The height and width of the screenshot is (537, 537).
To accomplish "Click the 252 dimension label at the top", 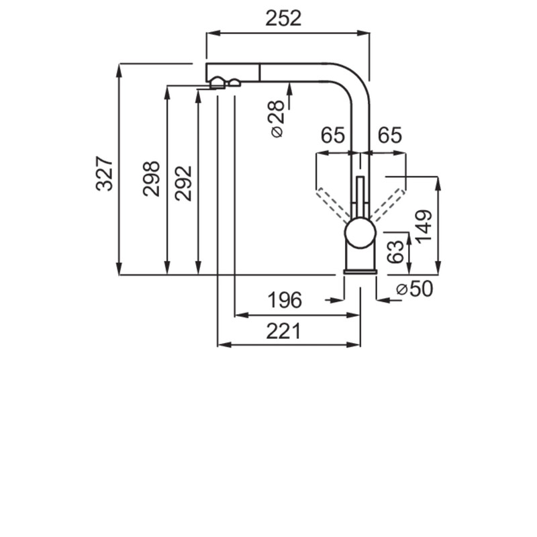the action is point(283,18).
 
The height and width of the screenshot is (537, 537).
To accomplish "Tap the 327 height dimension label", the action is point(104,173).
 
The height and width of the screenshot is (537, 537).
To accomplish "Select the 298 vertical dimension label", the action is point(152,179).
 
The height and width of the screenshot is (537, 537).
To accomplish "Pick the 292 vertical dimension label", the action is point(183,183).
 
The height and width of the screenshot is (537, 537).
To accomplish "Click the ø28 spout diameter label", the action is point(277,119).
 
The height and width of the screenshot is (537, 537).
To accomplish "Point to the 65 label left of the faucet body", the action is point(332,135).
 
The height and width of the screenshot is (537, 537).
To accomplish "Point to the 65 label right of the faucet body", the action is point(390,135).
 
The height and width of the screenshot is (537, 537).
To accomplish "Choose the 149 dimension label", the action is point(424,226).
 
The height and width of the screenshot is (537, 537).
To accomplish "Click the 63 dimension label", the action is point(395,252).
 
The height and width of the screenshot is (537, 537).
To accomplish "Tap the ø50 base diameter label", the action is point(414,289).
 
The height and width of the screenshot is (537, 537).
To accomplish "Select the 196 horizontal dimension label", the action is point(284,299).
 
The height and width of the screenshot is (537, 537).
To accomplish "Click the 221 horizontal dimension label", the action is point(283,331).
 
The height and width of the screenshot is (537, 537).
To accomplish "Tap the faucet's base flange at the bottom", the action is point(360,272).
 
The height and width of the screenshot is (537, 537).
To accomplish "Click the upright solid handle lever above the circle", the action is point(360,197).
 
